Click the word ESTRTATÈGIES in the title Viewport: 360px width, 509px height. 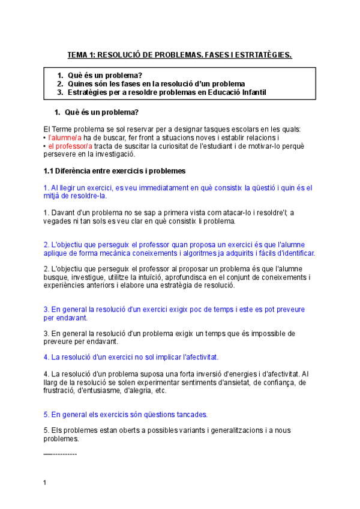tap(263, 55)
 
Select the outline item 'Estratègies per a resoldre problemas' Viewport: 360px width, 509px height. tap(131, 92)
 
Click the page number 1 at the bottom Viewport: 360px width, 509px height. tap(45, 483)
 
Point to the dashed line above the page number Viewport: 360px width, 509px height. tap(60, 454)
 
